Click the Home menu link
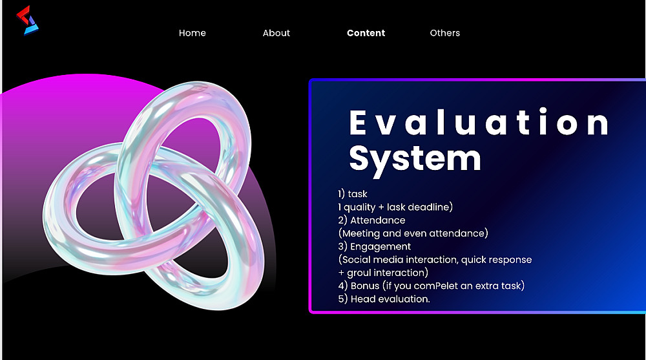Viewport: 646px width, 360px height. point(192,33)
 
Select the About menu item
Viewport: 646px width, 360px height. point(276,33)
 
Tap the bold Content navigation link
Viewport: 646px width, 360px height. point(366,33)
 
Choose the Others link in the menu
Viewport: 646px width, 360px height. point(445,33)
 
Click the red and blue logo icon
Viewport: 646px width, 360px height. point(27,20)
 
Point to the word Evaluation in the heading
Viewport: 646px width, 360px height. point(479,122)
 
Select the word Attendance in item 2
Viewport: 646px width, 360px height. point(378,220)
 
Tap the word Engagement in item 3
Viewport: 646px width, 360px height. point(380,247)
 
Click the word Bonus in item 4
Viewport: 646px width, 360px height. point(365,286)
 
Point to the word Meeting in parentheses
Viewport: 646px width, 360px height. point(361,234)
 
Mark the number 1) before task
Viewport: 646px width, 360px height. point(341,194)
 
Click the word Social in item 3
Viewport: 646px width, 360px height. point(359,260)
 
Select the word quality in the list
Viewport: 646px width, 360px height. point(360,207)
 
